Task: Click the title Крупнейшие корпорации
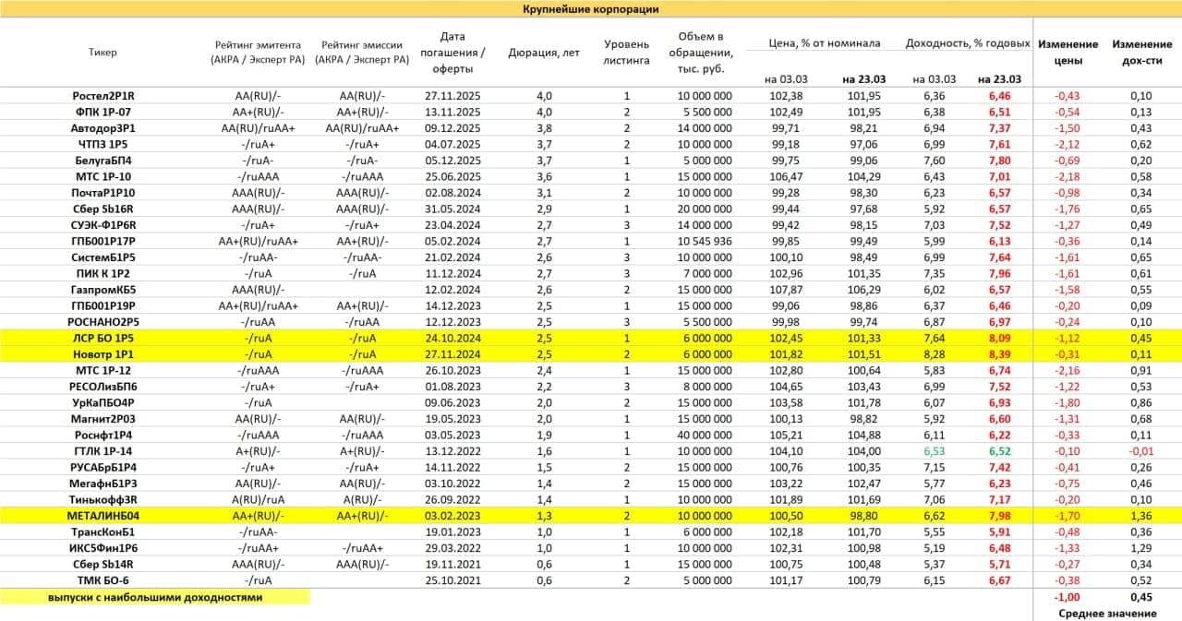[x=590, y=9]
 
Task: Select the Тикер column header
[x=103, y=53]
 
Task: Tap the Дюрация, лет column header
[x=544, y=53]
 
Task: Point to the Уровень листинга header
[x=627, y=52]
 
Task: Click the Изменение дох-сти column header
[x=1141, y=52]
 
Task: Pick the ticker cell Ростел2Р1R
[x=103, y=96]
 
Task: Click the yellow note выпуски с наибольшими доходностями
[x=155, y=597]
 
